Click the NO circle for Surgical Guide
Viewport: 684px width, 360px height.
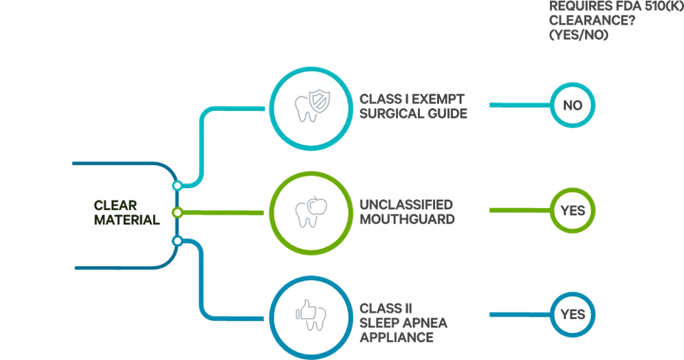[x=572, y=105]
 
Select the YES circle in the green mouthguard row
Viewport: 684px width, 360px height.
[x=573, y=210]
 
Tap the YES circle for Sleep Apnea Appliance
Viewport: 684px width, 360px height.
[x=573, y=314]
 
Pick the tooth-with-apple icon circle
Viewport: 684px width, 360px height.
[x=305, y=211]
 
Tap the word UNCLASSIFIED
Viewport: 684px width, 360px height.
[x=406, y=205]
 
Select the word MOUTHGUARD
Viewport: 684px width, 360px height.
[x=407, y=219]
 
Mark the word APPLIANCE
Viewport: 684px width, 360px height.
[x=396, y=337]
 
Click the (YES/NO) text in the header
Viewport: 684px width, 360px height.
[x=579, y=35]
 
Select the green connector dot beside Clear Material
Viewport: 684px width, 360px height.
[x=178, y=213]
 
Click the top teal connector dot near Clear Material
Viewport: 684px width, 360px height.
[x=177, y=185]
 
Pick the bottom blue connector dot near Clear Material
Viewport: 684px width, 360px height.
[x=177, y=240]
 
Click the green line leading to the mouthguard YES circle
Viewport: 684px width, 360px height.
[x=520, y=210]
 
